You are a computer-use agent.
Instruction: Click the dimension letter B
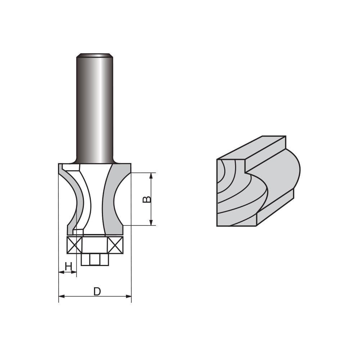[x=147, y=199]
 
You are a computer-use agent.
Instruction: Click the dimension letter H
[x=68, y=266]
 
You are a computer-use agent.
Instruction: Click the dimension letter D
[x=97, y=291]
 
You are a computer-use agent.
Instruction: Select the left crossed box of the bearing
[x=75, y=245]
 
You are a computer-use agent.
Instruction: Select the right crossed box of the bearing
[x=115, y=245]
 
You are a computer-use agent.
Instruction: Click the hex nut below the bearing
[x=95, y=259]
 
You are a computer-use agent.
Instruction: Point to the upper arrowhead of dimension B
[x=151, y=176]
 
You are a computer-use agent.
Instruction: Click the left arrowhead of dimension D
[x=62, y=296]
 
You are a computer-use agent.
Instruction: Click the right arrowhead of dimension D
[x=129, y=296]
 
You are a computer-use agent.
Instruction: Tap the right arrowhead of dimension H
[x=74, y=272]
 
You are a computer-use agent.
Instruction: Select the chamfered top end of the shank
[x=95, y=55]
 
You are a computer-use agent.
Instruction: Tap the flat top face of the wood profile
[x=252, y=148]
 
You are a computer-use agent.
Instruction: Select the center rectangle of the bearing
[x=95, y=245]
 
